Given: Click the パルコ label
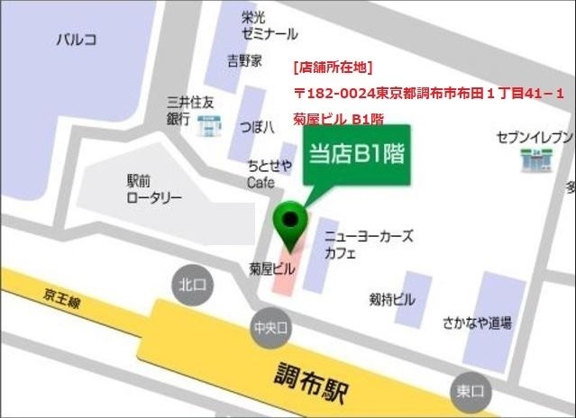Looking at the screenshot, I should [x=76, y=39].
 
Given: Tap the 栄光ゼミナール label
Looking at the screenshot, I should [x=269, y=24].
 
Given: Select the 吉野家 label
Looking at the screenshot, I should [x=244, y=61].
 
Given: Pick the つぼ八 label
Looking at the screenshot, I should [x=257, y=126].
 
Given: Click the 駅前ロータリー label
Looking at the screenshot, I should [x=154, y=187].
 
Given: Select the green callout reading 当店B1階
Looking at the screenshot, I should [x=353, y=154].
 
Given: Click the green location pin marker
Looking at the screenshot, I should [x=289, y=219].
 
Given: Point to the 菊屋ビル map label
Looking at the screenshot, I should [x=271, y=268].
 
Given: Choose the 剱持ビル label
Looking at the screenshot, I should [x=392, y=297].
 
